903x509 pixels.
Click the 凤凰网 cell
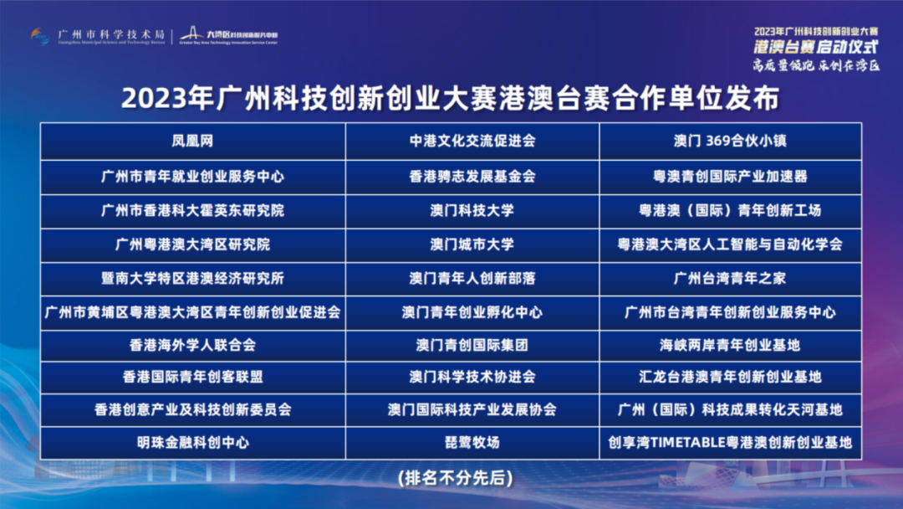(x=192, y=141)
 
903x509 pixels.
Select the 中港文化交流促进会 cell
(x=472, y=141)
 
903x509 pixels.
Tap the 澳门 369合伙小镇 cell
(x=730, y=141)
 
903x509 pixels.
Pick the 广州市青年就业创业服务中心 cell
(x=192, y=177)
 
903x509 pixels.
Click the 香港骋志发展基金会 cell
(x=472, y=177)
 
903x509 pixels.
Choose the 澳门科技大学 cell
(x=472, y=210)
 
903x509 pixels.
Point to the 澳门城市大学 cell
(x=472, y=244)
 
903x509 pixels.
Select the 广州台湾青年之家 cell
(x=730, y=278)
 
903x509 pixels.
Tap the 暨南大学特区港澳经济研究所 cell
(x=192, y=278)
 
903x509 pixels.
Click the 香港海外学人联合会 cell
(x=192, y=345)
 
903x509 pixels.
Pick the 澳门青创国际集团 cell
(x=472, y=345)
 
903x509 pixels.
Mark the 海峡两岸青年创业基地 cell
(x=730, y=345)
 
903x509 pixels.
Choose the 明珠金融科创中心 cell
(x=192, y=442)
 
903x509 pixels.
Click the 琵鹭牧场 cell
(x=472, y=442)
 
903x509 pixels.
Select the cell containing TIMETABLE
(x=730, y=442)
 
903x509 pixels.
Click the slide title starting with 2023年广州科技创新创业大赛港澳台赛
(x=451, y=98)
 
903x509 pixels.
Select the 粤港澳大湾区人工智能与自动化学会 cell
(x=730, y=244)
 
